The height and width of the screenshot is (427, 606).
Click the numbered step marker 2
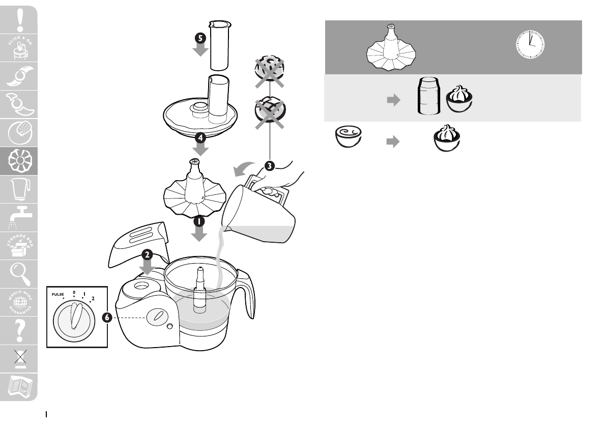147,254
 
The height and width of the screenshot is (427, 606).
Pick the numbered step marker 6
107,317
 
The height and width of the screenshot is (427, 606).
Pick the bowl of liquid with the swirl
348,137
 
